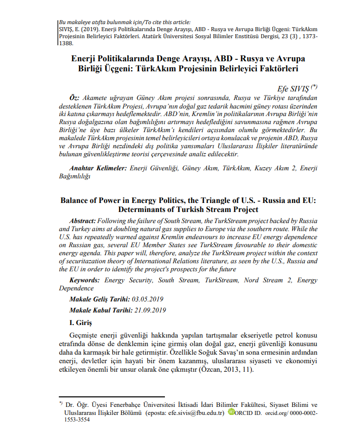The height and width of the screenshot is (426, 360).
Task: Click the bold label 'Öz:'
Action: click(x=73, y=95)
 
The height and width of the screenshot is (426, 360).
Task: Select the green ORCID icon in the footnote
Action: click(x=231, y=412)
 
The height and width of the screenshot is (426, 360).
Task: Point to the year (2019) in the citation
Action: click(x=88, y=29)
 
